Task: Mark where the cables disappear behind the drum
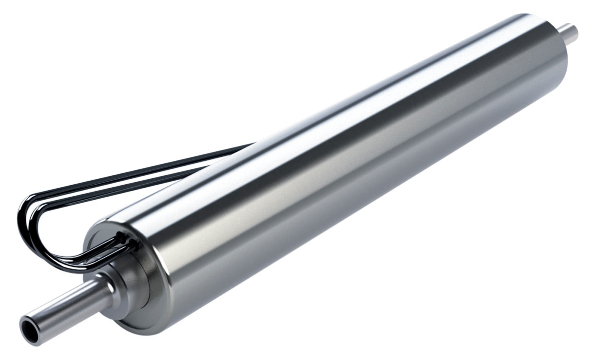coord(249,146)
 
